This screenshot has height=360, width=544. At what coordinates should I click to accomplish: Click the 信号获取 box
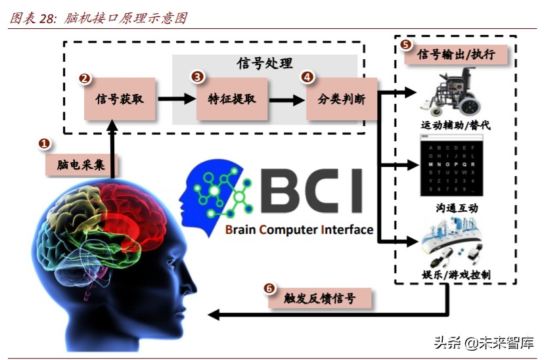tap(120, 99)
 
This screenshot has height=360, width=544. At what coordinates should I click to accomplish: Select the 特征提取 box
tap(232, 99)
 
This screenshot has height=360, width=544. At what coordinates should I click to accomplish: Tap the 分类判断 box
tap(342, 99)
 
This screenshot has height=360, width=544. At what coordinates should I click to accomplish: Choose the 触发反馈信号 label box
tap(320, 298)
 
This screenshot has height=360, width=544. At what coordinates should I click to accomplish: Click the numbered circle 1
tap(45, 143)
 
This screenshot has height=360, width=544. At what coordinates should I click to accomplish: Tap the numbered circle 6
tap(269, 288)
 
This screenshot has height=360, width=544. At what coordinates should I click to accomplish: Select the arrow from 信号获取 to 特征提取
tap(176, 100)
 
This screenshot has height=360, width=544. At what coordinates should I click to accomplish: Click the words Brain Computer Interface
tap(299, 230)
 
